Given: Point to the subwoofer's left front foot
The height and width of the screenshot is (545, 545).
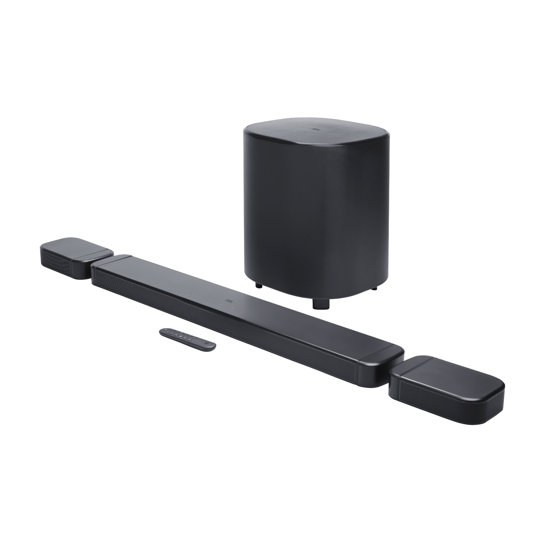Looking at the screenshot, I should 258,286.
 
